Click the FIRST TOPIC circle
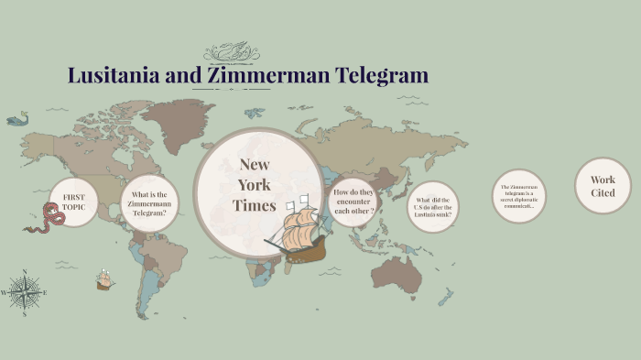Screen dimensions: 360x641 73,202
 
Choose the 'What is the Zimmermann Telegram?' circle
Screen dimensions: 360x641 148,203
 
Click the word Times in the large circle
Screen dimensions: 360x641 254,205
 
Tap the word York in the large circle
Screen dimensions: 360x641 254,185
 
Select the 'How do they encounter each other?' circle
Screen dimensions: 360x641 354,201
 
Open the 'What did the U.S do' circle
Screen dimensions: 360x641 432,206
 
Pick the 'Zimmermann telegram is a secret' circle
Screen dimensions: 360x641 518,196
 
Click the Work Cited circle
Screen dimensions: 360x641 603,186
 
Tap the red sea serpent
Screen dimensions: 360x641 41,219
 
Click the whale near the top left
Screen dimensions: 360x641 17,118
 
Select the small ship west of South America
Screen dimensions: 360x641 105,279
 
